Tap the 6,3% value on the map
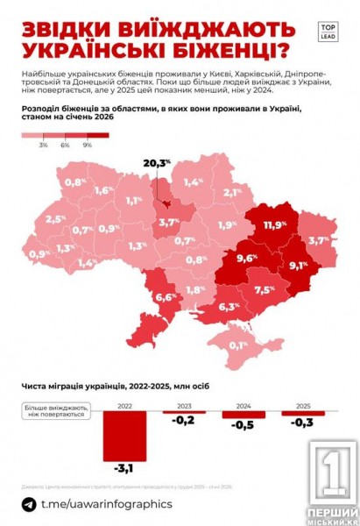point(229,307)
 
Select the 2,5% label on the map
point(56,219)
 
